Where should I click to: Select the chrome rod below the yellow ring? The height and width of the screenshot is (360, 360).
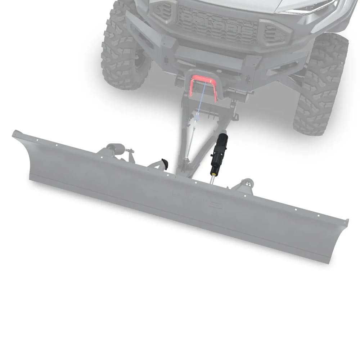pyautogui.click(x=213, y=179)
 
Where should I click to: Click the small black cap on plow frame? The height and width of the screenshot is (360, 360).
pyautogui.click(x=165, y=164)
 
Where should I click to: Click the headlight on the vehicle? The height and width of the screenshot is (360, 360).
pyautogui.click(x=310, y=7)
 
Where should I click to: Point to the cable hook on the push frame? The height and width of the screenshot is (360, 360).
pyautogui.click(x=197, y=117)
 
